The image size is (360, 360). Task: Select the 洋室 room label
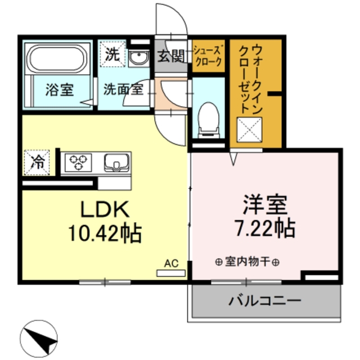[264, 203]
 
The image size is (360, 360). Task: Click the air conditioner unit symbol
[170, 273]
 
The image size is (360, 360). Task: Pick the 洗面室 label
[122, 89]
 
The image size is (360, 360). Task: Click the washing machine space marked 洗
[111, 55]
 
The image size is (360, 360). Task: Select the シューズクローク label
[209, 57]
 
